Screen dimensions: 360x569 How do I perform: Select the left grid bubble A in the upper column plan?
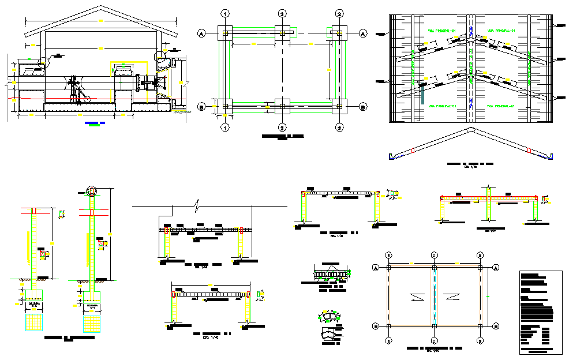pyautogui.click(x=201, y=33)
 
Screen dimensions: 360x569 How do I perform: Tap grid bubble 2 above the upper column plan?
pyautogui.click(x=282, y=13)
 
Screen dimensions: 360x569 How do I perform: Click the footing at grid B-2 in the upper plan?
pyautogui.click(x=282, y=105)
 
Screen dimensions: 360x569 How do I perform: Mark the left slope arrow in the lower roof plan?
pyautogui.click(x=415, y=297)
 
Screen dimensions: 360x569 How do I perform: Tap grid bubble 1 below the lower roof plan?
pyautogui.click(x=389, y=341)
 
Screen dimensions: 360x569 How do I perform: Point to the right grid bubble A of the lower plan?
pyautogui.click(x=495, y=268)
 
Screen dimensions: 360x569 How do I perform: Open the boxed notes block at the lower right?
pyautogui.click(x=540, y=312)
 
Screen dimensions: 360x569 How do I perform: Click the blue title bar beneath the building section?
pyautogui.click(x=92, y=123)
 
